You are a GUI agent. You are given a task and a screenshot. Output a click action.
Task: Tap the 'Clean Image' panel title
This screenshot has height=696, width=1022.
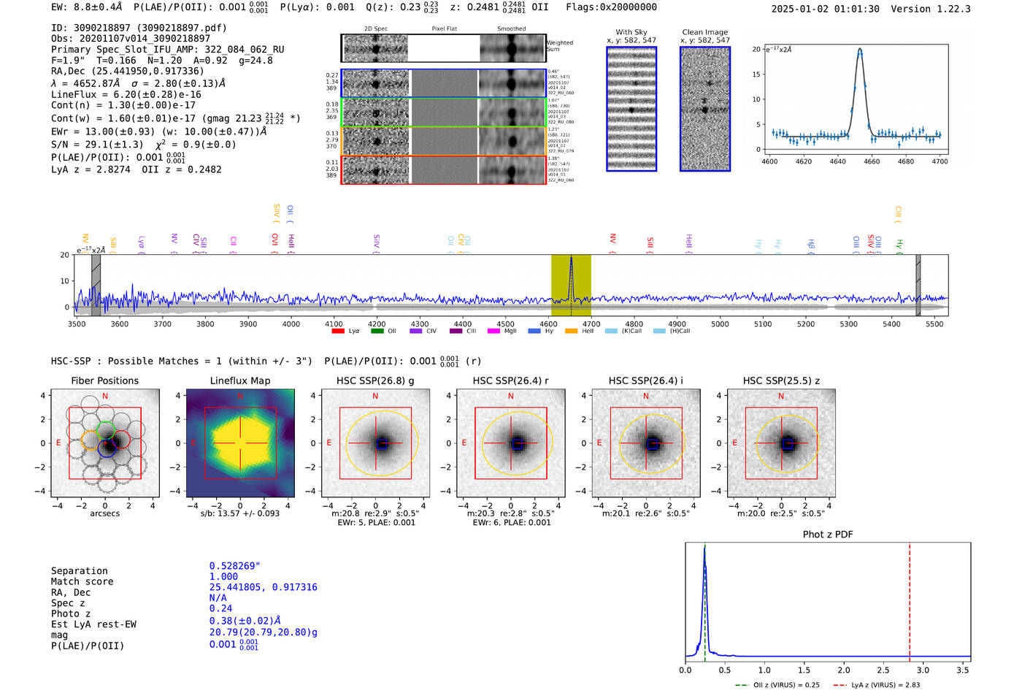point(704,32)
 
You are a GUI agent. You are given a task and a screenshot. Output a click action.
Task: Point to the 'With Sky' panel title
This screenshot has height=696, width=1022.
point(631,32)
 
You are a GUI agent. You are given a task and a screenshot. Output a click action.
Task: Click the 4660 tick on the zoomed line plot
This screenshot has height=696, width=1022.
point(872,161)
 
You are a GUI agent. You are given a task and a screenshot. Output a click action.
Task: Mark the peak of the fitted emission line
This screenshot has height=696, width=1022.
point(860,50)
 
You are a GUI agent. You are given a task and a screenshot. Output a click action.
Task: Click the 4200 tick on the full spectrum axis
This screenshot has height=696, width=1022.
point(377,324)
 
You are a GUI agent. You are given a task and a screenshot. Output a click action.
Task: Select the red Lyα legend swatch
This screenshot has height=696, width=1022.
point(338,332)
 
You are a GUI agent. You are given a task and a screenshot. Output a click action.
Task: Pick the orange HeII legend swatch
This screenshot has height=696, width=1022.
point(571,332)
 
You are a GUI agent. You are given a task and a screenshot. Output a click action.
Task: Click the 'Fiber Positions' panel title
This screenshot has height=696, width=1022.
point(104,380)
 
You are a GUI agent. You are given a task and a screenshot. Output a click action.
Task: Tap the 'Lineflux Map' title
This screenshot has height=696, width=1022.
point(239,380)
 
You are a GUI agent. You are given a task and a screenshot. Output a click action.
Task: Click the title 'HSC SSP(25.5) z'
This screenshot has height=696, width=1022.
point(781,380)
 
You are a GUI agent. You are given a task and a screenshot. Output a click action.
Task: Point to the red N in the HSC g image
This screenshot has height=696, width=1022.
point(375,397)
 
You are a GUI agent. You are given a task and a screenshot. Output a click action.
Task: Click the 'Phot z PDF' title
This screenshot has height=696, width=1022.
point(827,535)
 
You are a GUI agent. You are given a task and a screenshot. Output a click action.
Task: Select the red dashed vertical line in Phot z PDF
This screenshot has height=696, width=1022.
point(910,599)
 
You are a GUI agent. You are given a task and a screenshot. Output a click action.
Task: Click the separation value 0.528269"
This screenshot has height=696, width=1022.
point(234,566)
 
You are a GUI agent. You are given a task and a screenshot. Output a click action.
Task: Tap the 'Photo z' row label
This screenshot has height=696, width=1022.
point(71,613)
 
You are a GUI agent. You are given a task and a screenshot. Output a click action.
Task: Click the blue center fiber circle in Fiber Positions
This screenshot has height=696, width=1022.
point(107,448)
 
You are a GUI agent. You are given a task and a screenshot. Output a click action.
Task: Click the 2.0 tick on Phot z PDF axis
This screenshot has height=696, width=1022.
point(844,670)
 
